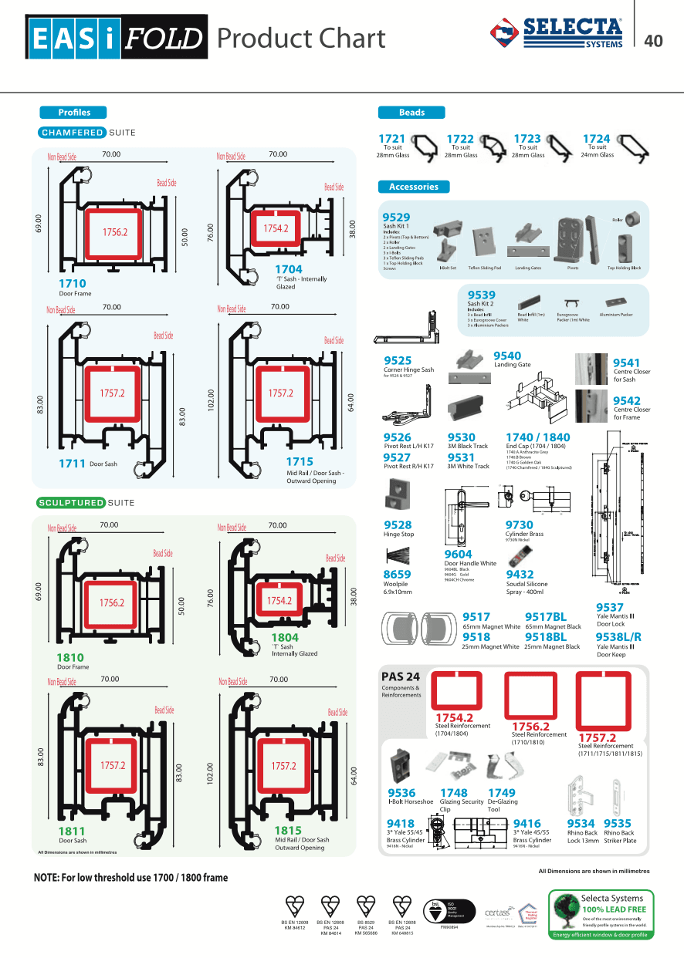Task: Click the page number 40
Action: pos(653,41)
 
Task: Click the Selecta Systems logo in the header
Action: pos(557,33)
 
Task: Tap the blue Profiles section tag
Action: pos(74,112)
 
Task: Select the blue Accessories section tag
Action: pos(413,187)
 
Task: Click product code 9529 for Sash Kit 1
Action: pos(397,218)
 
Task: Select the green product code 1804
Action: pos(284,637)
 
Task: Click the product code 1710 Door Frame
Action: pos(73,284)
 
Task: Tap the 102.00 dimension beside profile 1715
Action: pos(210,400)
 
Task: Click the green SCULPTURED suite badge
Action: pos(71,503)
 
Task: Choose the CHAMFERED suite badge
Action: pos(73,133)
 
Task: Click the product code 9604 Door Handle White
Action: pos(459,554)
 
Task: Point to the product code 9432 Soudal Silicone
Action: pos(520,574)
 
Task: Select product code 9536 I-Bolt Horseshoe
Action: pos(401,792)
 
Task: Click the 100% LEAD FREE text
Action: pos(615,909)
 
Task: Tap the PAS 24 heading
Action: pos(401,676)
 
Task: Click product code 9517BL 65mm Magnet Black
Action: pos(545,617)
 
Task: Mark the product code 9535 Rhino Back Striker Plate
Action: pos(618,823)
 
